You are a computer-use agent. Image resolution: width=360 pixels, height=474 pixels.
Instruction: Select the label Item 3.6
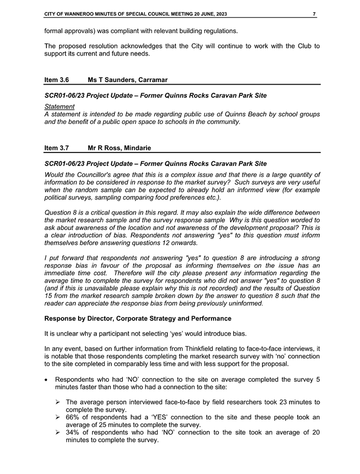pos(56,80)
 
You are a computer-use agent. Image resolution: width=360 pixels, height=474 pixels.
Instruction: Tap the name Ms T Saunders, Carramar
pos(128,80)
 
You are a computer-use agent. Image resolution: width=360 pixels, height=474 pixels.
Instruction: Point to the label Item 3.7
pos(56,148)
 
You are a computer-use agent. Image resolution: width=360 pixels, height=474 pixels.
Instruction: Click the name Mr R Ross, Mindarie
pos(119,148)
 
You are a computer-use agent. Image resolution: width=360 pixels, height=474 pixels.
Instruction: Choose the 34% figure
pos(74,433)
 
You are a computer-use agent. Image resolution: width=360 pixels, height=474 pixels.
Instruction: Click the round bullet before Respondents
pos(47,380)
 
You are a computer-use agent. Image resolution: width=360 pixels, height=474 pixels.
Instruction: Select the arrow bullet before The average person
pos(59,402)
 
